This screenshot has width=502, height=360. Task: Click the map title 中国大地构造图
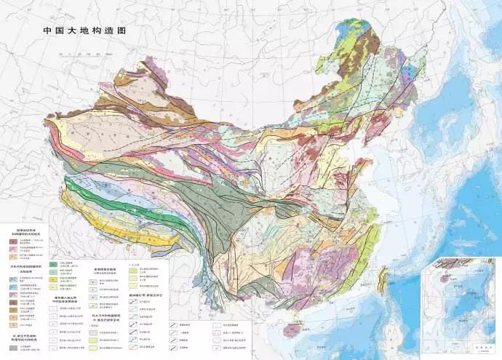click(x=84, y=32)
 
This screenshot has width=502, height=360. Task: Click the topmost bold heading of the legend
click(x=26, y=231)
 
